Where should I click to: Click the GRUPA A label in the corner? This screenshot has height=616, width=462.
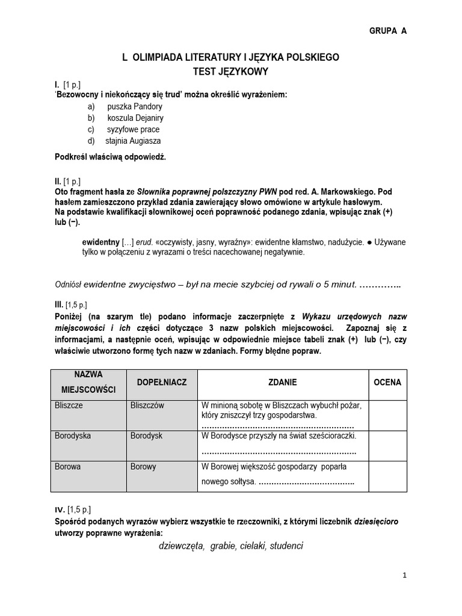point(387,31)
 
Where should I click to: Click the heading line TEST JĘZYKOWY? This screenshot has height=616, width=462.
point(230,71)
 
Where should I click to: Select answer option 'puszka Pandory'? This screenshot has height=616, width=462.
point(135,106)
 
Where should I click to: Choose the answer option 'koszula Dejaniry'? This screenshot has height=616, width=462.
point(135,118)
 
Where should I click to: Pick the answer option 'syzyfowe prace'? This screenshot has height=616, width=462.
point(133,129)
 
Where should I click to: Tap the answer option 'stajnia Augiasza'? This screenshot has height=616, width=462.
point(133,141)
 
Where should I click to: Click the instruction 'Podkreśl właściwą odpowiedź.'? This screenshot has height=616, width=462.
point(109,157)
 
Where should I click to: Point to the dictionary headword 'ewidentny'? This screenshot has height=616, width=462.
point(100,242)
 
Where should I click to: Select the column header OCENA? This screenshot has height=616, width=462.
point(387,383)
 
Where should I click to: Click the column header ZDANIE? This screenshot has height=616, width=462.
point(282,383)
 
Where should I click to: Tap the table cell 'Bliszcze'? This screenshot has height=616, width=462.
point(69,405)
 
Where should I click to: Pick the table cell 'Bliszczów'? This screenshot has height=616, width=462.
point(147,405)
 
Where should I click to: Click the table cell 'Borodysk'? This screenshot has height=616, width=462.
point(146,436)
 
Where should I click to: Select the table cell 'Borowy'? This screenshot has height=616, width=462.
point(143,466)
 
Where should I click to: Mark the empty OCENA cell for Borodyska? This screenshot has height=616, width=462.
point(387,445)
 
